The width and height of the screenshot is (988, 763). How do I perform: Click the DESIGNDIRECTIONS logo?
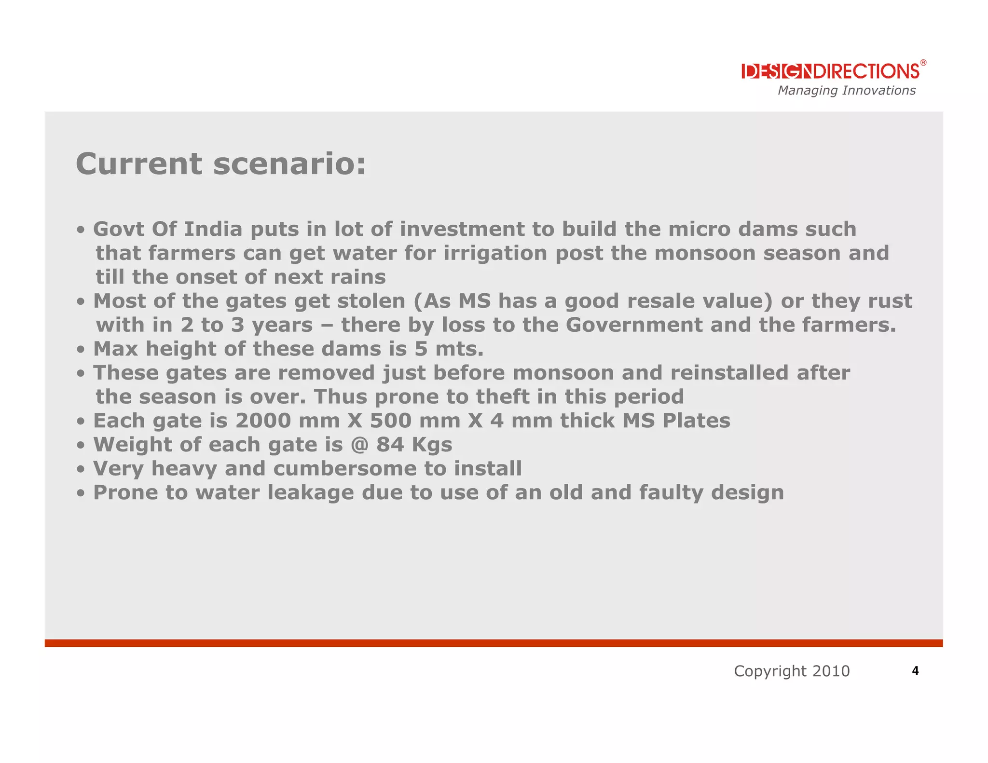click(x=830, y=71)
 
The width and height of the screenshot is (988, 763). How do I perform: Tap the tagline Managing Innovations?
click(x=846, y=91)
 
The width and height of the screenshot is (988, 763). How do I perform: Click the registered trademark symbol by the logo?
click(x=923, y=63)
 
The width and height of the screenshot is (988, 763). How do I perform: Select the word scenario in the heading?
click(x=289, y=164)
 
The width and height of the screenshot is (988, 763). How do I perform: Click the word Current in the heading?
click(x=139, y=164)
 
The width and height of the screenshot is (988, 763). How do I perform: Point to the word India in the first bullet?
click(x=213, y=229)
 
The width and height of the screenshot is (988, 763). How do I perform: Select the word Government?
click(x=634, y=325)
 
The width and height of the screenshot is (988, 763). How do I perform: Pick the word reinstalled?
click(x=729, y=373)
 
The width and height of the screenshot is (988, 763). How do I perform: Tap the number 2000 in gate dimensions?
click(x=263, y=421)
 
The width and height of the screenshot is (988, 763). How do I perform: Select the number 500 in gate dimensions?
click(x=391, y=421)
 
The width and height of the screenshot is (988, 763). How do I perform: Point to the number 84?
click(x=390, y=445)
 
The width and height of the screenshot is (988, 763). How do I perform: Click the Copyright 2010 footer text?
click(x=792, y=671)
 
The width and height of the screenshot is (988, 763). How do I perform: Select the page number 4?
click(x=915, y=671)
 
